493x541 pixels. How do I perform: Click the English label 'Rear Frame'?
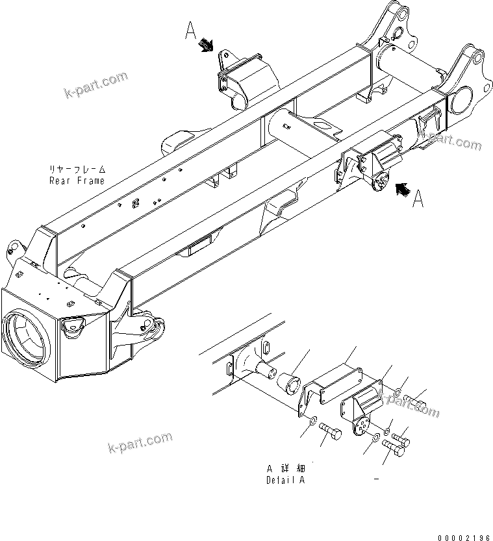[x=76, y=181]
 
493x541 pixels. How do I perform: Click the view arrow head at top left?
[x=208, y=45]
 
